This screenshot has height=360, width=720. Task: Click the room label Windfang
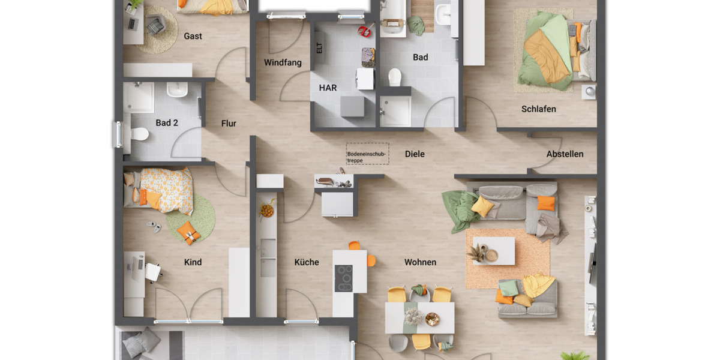click(x=283, y=62)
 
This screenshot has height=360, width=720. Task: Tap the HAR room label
click(x=328, y=88)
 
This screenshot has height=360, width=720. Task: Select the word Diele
click(x=415, y=154)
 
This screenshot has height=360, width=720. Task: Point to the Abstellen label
click(x=565, y=154)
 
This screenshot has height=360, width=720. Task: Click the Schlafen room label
click(x=538, y=109)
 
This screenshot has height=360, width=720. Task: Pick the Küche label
click(x=307, y=262)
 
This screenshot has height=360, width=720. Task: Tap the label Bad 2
click(x=167, y=123)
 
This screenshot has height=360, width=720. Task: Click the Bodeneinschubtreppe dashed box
click(x=367, y=154)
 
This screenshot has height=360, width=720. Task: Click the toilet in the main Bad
click(x=394, y=77)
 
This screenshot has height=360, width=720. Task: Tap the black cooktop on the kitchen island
click(x=344, y=278)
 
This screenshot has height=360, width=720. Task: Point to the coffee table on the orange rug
click(x=493, y=251)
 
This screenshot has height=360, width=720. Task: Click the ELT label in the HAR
click(x=319, y=49)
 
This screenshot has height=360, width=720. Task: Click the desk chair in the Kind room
click(x=153, y=272)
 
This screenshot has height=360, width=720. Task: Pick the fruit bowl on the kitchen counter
click(x=267, y=211)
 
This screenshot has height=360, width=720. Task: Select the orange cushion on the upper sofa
click(x=546, y=203)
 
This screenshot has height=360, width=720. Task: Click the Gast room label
click(x=193, y=36)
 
